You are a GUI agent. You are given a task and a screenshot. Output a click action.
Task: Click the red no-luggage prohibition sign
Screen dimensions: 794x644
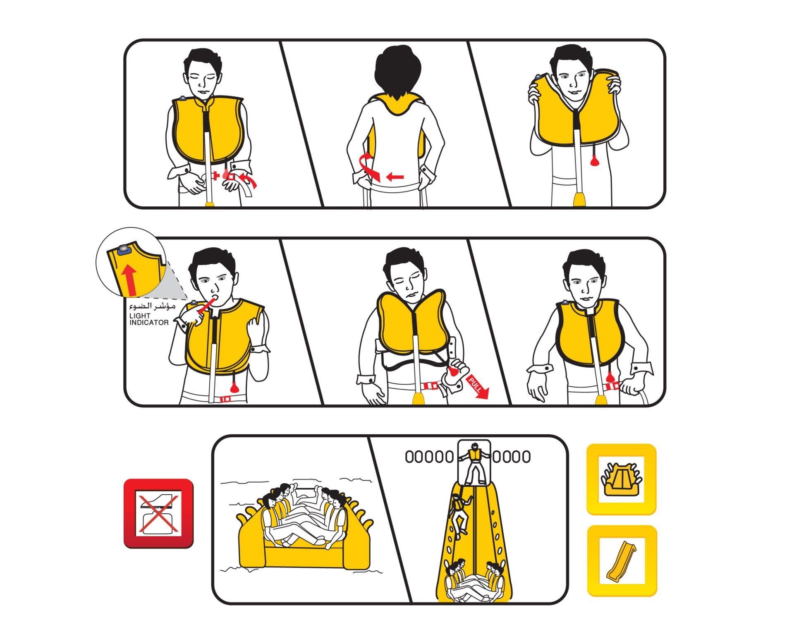coord(158,513)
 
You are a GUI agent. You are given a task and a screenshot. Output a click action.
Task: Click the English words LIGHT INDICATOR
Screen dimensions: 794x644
coord(149,319)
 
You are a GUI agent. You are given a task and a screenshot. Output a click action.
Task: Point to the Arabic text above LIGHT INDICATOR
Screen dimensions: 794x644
coord(152,306)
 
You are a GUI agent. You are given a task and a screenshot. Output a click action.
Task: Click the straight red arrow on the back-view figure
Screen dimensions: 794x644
coord(395,177)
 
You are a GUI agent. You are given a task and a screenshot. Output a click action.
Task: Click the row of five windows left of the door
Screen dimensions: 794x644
coord(429,457)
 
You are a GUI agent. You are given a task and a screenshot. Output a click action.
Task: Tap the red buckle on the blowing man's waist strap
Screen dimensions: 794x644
coord(227,400)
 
